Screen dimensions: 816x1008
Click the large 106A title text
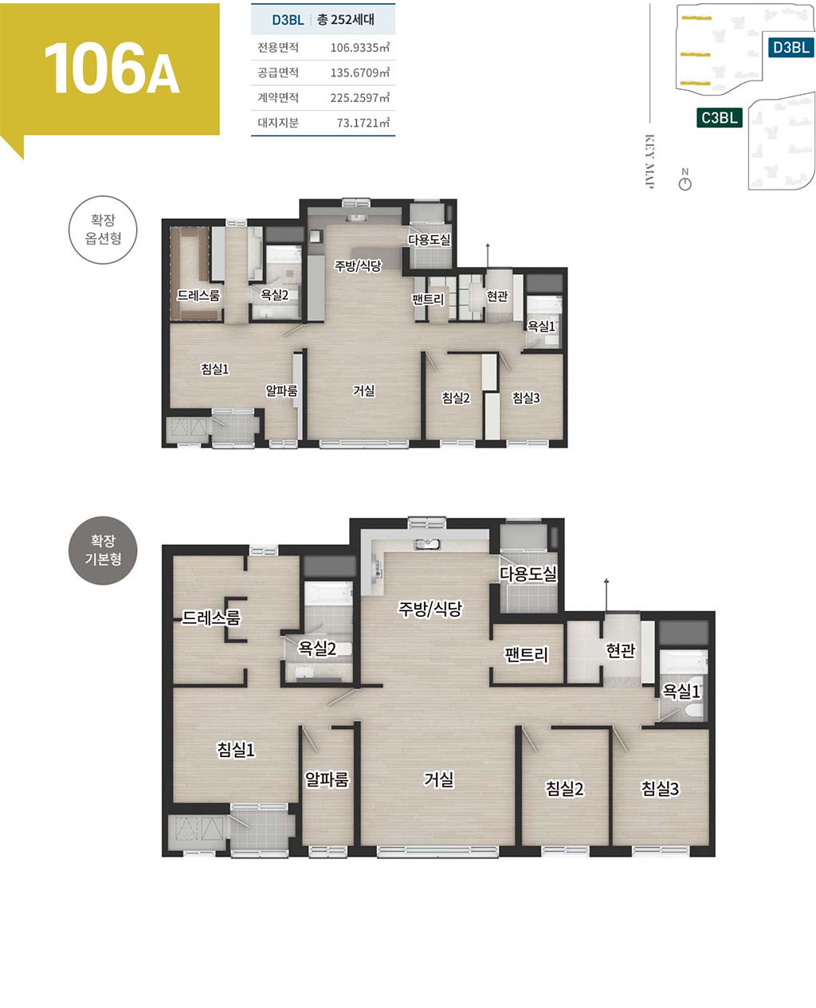112,69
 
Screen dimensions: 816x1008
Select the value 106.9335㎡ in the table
359,47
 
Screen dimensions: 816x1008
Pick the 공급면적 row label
278,73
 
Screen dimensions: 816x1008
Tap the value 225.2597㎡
359,97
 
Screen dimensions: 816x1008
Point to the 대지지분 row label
278,123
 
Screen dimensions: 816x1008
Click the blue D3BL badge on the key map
790,47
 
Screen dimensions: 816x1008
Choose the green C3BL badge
719,117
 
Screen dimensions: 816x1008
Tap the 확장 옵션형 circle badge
103,229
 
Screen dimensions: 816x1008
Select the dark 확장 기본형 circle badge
103,551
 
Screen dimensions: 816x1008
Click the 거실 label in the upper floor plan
363,390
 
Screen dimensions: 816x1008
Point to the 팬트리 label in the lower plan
526,655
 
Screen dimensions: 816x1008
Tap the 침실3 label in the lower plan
660,788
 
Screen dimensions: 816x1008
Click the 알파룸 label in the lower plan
327,779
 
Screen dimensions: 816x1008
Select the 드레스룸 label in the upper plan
198,295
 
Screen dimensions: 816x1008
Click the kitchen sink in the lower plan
427,544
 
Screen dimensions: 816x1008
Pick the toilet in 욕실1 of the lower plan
694,711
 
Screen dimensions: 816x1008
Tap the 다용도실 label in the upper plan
430,240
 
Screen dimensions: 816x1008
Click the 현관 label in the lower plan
620,651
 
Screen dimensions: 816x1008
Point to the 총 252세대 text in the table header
346,19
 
